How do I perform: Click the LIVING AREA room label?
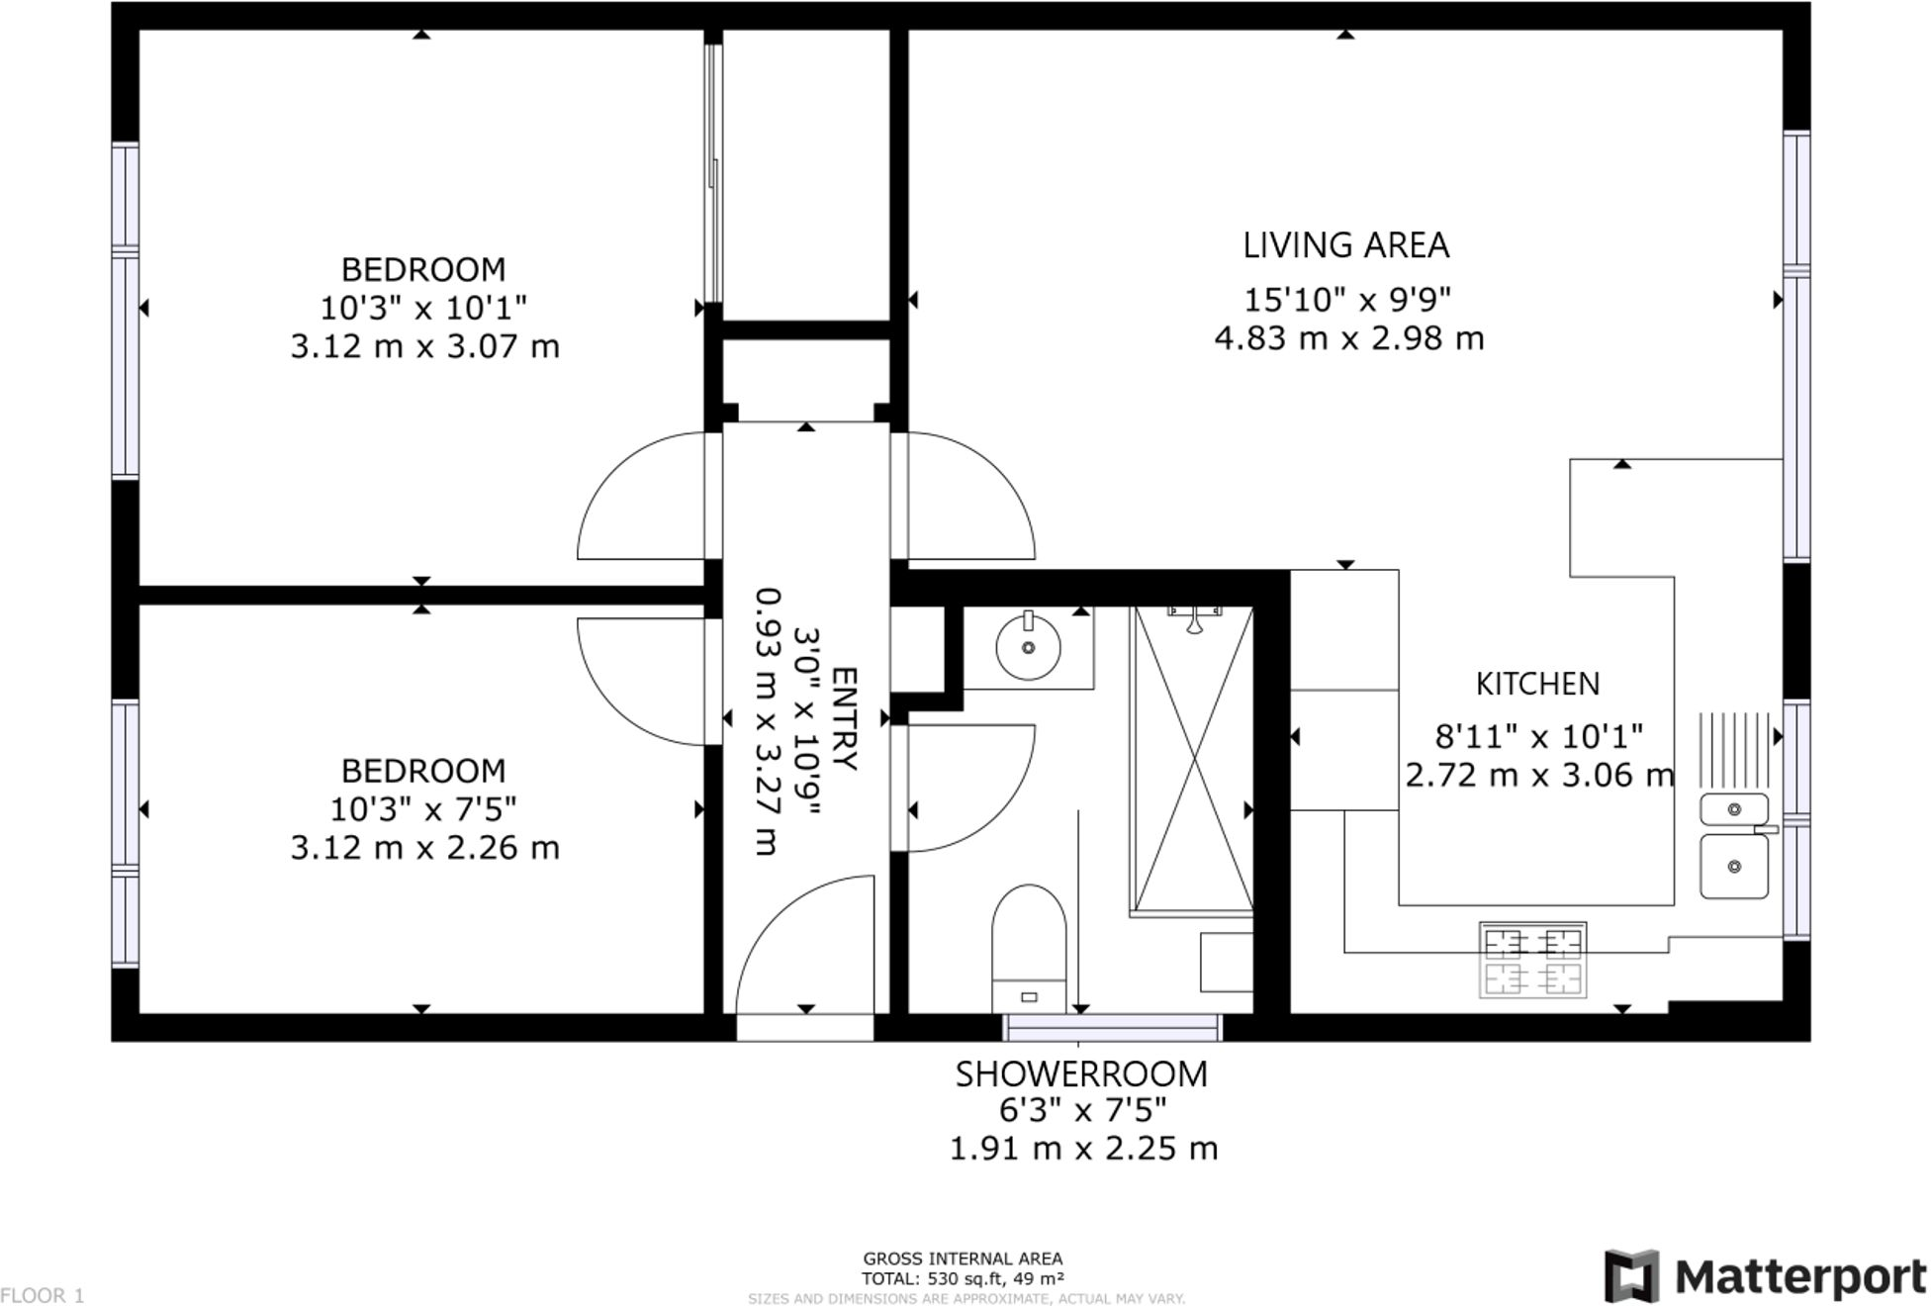tap(1345, 245)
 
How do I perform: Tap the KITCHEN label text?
tap(1537, 684)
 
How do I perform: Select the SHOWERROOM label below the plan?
tap(1081, 1073)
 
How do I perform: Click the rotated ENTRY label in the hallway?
tap(844, 718)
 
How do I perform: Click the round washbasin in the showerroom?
tap(1028, 647)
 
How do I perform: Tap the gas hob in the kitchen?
tap(1532, 960)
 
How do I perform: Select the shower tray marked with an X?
tap(1194, 760)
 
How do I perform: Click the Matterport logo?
tap(1765, 1275)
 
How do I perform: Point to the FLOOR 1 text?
tap(43, 1294)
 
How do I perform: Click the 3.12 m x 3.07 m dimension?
tap(424, 346)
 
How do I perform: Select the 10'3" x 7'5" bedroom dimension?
tap(423, 809)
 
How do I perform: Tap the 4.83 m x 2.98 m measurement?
tap(1349, 338)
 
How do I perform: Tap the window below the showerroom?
tap(1113, 1027)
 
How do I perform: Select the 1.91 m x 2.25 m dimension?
tap(1083, 1149)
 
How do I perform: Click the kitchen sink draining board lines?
tap(1734, 750)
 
